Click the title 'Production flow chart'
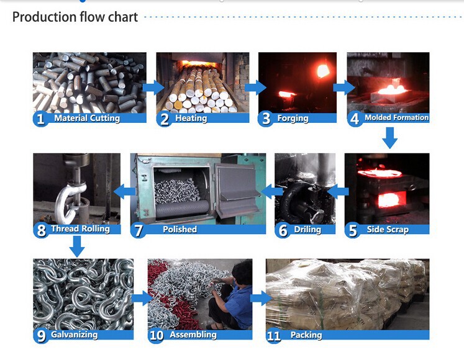click(75, 17)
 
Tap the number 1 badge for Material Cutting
click(40, 119)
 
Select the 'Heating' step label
click(191, 119)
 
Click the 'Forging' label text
click(293, 119)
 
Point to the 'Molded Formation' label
click(396, 118)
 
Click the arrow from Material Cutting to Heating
click(153, 88)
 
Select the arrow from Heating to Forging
click(255, 88)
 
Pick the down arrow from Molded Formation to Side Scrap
click(390, 138)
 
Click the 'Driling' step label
click(307, 230)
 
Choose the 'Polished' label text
click(180, 230)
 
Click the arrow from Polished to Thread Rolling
click(125, 191)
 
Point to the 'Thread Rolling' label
click(80, 228)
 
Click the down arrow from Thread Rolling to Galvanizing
click(77, 246)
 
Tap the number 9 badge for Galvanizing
click(40, 336)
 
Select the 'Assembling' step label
click(193, 335)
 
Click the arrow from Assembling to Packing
click(261, 298)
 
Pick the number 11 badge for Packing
click(274, 336)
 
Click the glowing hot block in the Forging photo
click(323, 71)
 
